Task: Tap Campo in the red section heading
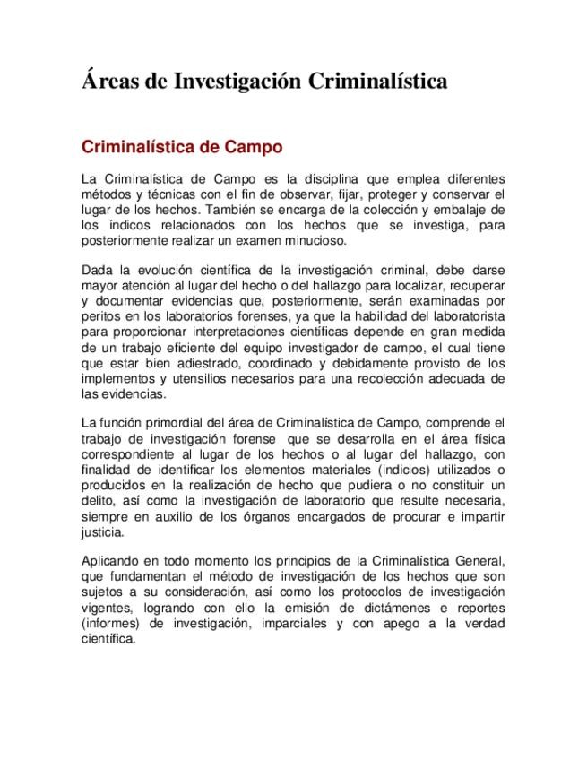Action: click(250, 145)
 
